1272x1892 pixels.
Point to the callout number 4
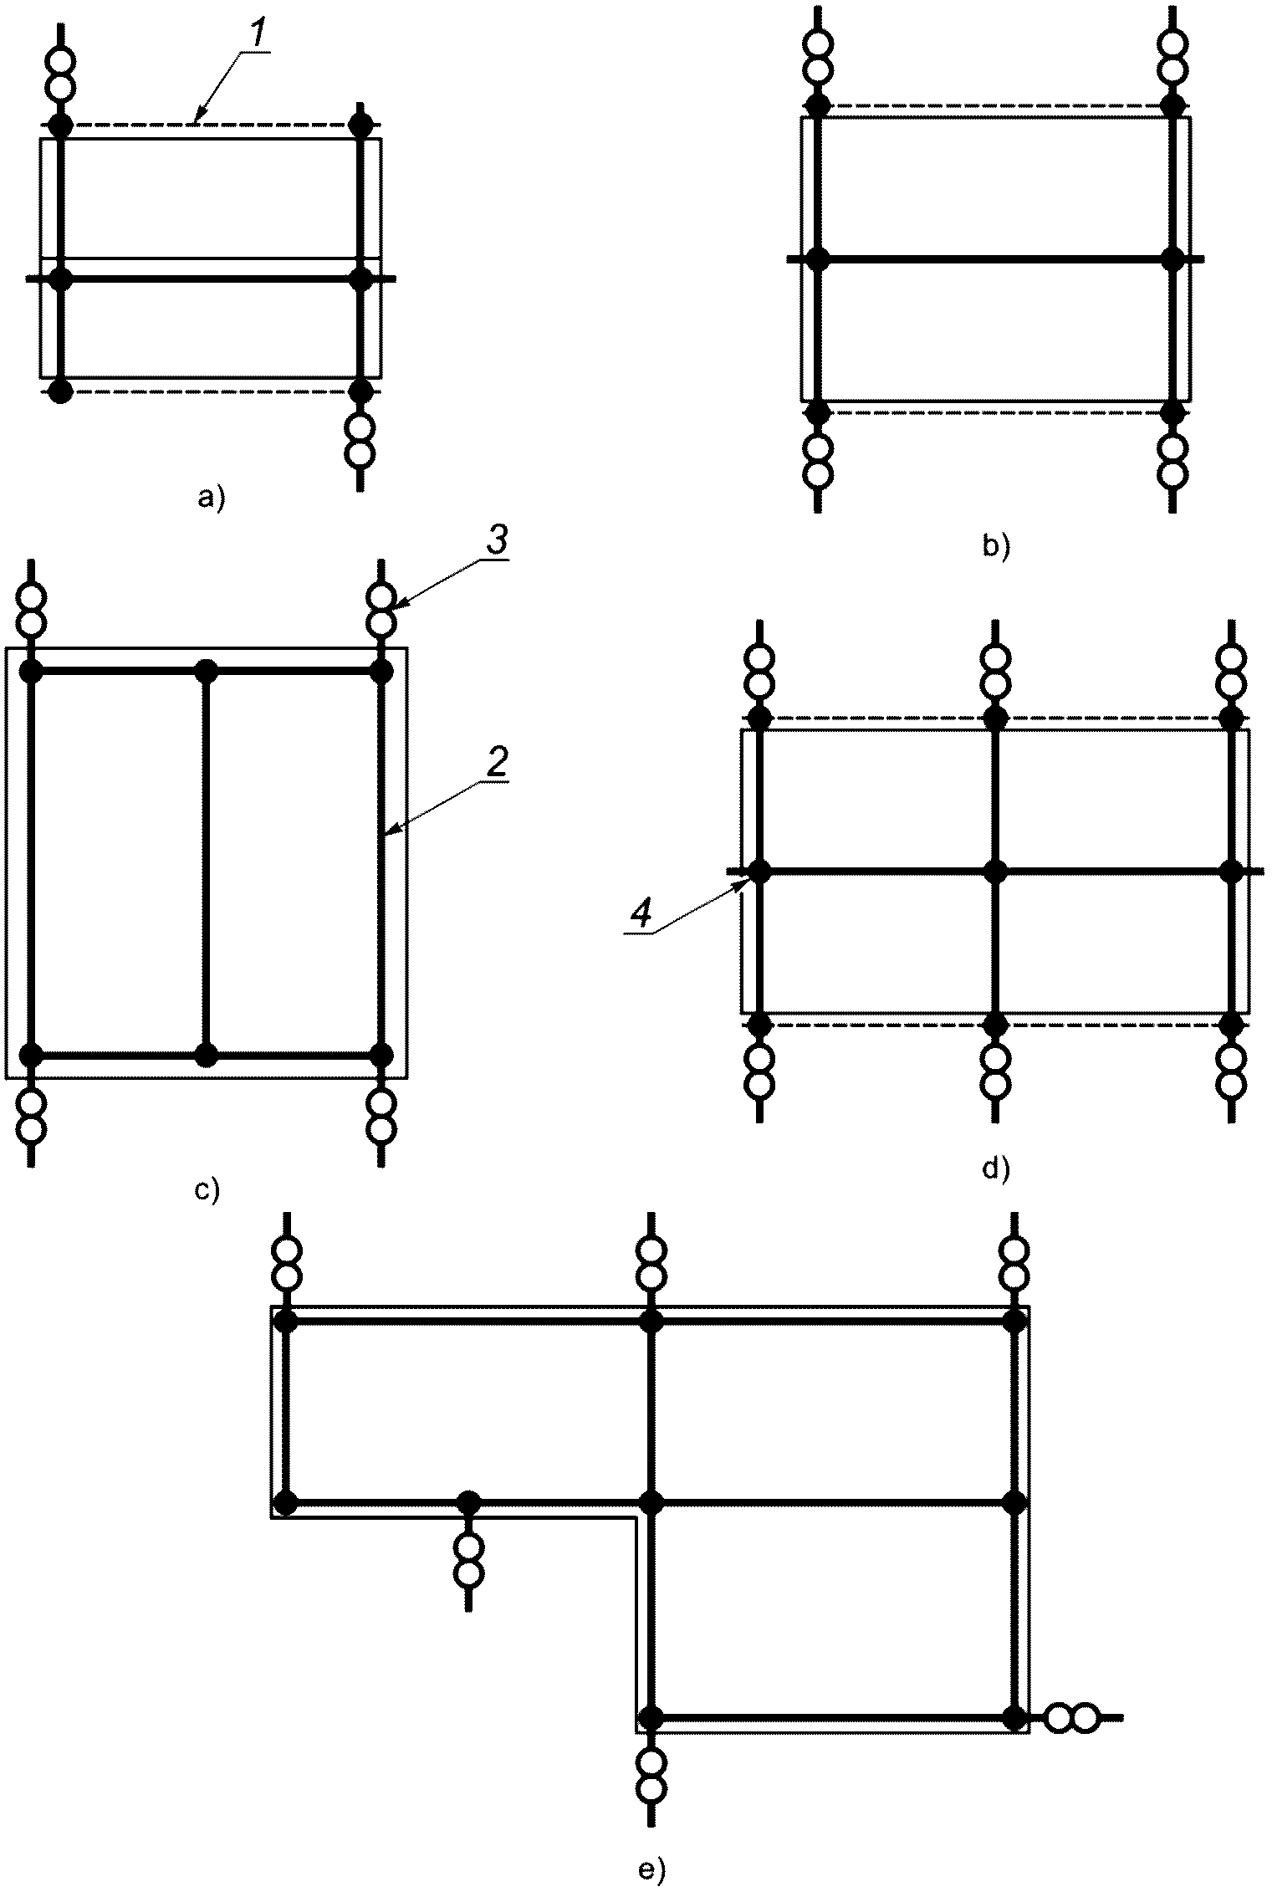(x=640, y=916)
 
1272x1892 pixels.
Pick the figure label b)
(x=998, y=546)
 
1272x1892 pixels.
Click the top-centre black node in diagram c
(x=206, y=671)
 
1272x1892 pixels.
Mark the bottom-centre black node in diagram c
(x=206, y=1055)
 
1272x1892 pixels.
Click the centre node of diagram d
(x=995, y=872)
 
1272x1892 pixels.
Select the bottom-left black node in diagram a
(x=59, y=391)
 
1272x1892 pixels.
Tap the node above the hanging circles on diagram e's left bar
(x=469, y=1503)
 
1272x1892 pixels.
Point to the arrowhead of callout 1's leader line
(x=194, y=121)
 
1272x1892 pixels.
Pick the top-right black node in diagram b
(x=1173, y=105)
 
